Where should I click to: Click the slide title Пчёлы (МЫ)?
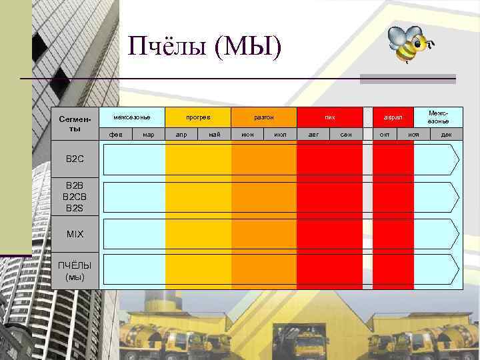tap(206, 47)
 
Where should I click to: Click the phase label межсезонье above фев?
tap(132, 117)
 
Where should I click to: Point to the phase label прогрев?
tap(198, 117)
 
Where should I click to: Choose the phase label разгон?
tap(264, 117)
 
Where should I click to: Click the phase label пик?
tap(330, 117)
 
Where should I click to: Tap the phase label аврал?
tap(393, 117)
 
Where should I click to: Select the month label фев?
tap(115, 135)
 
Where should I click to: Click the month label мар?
tap(149, 135)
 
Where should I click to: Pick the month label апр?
tap(181, 135)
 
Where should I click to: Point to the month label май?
tap(215, 135)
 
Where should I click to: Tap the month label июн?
tap(247, 135)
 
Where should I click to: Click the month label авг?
tap(313, 135)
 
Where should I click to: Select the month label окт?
tap(385, 135)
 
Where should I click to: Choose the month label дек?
tap(446, 135)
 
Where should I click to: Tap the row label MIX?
tap(75, 234)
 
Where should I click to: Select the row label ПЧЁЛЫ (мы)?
tap(75, 270)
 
